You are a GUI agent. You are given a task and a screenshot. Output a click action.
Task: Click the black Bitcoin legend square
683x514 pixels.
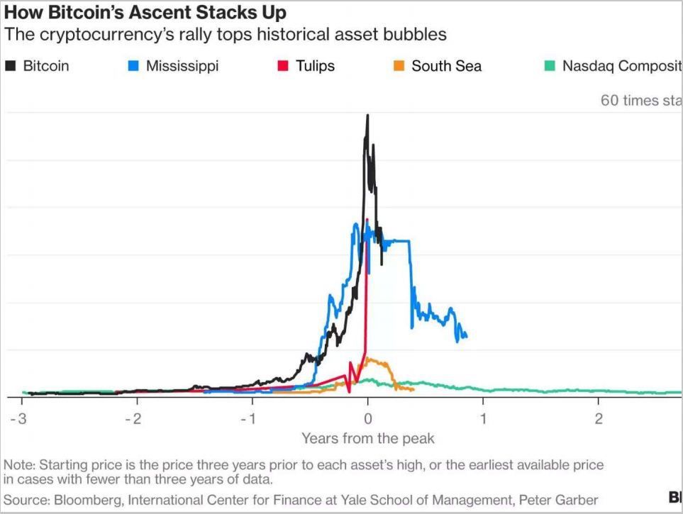coord(11,67)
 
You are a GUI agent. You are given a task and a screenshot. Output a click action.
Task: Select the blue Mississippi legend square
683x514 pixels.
coord(133,67)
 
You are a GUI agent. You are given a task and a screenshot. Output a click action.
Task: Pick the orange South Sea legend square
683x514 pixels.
coord(399,67)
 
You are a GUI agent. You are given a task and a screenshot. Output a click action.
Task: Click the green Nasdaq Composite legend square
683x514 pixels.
coord(550,67)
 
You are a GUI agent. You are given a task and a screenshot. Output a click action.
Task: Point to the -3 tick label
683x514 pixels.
coord(19,418)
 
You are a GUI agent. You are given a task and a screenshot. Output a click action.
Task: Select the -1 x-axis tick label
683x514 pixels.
coord(248,418)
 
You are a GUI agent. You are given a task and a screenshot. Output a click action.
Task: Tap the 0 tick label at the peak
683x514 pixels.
coord(367,418)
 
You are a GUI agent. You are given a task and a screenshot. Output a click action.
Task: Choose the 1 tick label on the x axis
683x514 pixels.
coord(483,418)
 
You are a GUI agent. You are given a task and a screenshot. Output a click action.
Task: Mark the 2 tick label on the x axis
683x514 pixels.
coord(599,418)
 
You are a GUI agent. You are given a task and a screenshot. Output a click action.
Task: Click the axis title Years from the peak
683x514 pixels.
coord(367,438)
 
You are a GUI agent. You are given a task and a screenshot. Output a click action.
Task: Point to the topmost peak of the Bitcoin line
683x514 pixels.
coord(367,116)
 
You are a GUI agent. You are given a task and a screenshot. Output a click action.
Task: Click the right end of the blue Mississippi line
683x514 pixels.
coord(466,336)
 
